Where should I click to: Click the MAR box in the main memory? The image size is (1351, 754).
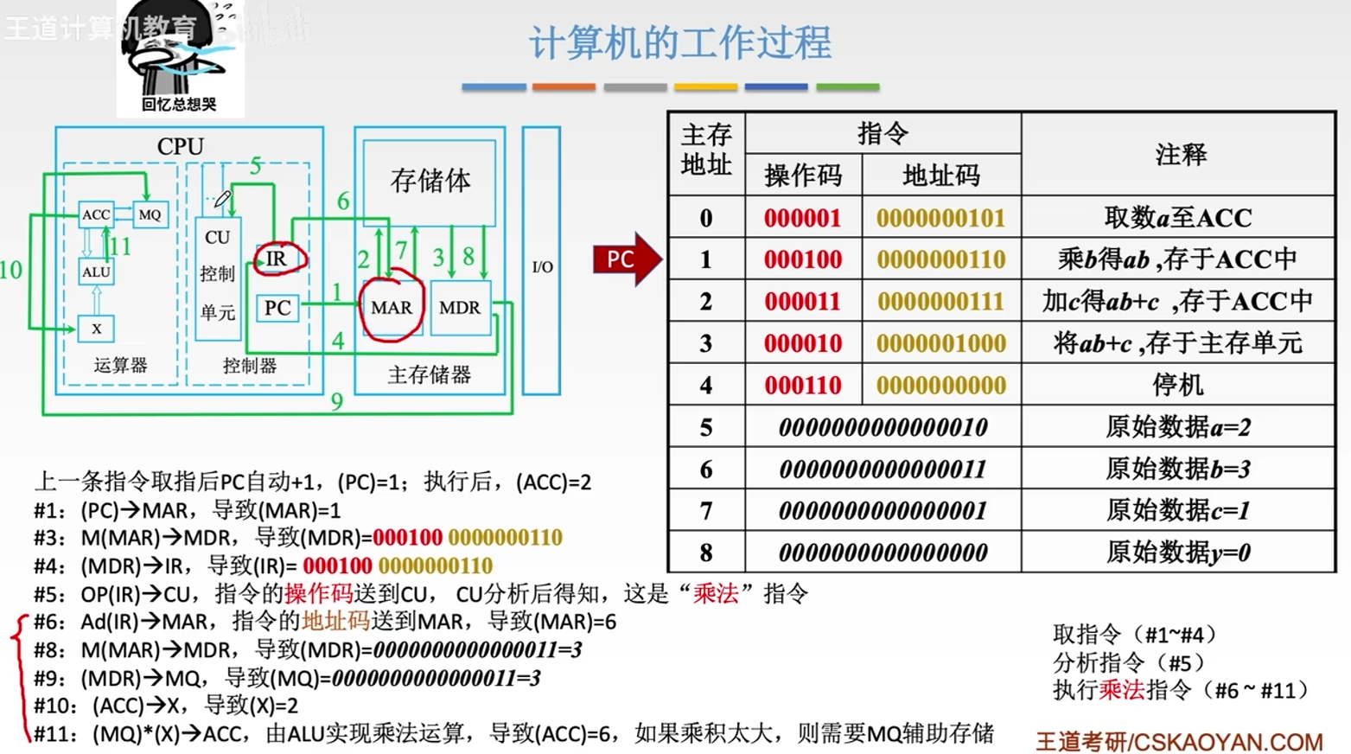coord(391,307)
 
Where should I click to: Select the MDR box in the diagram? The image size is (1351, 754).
coord(459,307)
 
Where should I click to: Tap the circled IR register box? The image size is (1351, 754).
coord(277,259)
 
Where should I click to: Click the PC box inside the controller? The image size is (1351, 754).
coord(277,308)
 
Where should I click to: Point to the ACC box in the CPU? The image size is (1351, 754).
coord(96,214)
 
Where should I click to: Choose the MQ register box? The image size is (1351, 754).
coord(150,214)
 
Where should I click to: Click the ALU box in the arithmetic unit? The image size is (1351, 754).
coord(96,272)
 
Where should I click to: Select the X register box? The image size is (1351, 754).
coord(96,329)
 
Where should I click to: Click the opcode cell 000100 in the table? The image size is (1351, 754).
coord(803,259)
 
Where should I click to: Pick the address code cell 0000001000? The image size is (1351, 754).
coord(940,343)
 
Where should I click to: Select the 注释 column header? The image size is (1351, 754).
coord(1179,155)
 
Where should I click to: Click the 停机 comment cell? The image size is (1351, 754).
coord(1177,385)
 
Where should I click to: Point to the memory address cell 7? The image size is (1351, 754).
coord(706,511)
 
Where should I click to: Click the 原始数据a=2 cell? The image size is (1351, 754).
coord(1177,427)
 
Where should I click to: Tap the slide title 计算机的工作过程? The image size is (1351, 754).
coord(680,42)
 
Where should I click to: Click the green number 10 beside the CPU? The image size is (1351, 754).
coord(10,270)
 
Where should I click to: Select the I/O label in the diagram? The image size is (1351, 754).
coord(542,267)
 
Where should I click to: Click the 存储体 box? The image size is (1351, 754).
coord(430,181)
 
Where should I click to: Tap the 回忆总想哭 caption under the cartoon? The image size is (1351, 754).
coord(179,105)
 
